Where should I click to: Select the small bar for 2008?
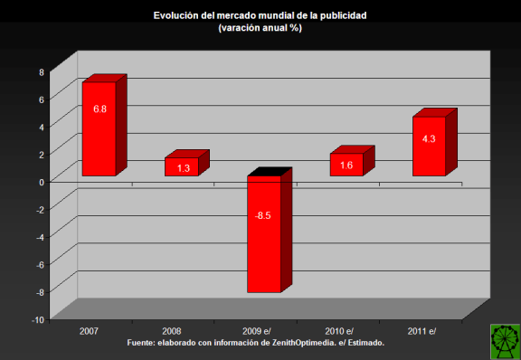point(182,166)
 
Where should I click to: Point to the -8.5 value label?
point(264,216)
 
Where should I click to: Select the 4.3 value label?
point(430,138)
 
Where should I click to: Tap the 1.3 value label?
point(183,168)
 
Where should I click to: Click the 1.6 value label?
point(347,166)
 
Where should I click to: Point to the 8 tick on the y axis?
point(41,72)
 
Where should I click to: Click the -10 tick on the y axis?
point(37,319)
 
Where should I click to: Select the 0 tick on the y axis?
point(41,182)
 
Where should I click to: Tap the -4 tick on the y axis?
point(39,237)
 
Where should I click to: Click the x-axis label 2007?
point(90,332)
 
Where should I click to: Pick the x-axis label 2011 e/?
point(421,332)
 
